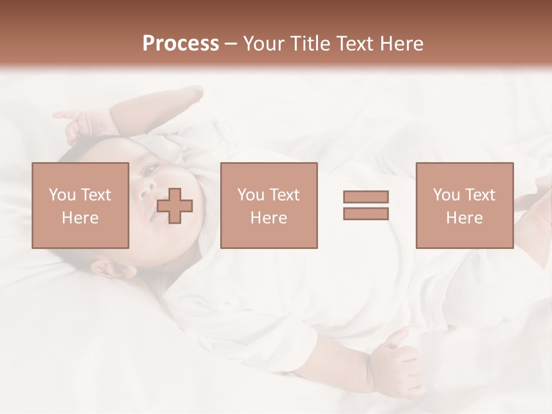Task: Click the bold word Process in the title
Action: tap(181, 44)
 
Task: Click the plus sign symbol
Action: tap(175, 206)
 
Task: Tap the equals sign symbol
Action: tap(366, 205)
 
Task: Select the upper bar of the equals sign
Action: tap(366, 197)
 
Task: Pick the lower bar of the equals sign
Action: tap(366, 214)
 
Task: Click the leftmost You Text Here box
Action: tap(80, 205)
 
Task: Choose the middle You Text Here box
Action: tap(269, 205)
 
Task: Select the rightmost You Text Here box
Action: tap(464, 205)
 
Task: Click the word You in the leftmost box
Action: tap(62, 195)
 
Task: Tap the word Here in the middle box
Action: tap(269, 218)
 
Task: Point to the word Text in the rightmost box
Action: tap(480, 195)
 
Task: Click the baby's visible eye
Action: tap(151, 169)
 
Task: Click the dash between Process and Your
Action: tap(231, 44)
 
